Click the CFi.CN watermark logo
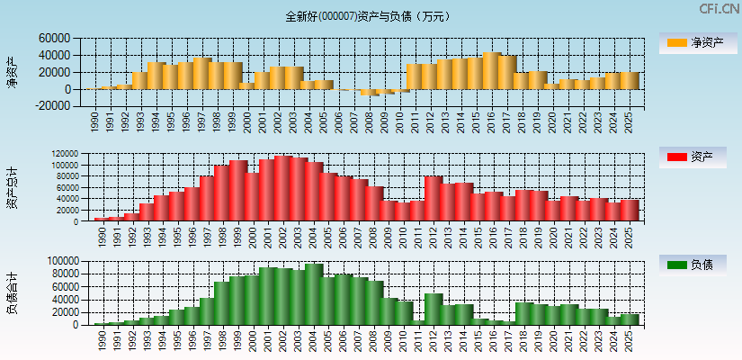(x=720, y=9)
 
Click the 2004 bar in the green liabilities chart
(x=313, y=294)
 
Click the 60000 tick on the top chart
(x=54, y=39)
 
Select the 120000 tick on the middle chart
(x=71, y=155)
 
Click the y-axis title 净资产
(x=13, y=72)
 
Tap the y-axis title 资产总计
(x=13, y=187)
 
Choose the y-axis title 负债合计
(x=13, y=292)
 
